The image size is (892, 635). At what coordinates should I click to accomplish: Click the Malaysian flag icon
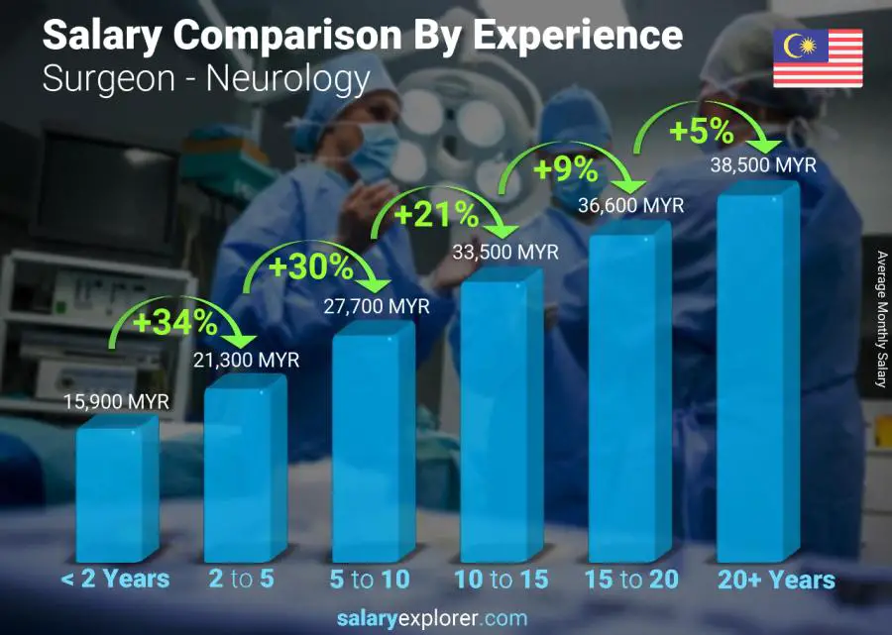818,58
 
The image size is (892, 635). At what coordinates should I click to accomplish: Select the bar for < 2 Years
116,489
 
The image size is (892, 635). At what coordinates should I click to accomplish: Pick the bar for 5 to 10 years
373,446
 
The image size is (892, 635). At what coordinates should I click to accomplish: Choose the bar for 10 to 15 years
502,416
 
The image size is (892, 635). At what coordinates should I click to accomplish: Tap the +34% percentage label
176,322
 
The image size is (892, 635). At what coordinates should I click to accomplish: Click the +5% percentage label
699,130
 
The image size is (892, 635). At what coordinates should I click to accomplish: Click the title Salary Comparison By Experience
363,36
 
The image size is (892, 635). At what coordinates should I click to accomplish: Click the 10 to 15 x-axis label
501,580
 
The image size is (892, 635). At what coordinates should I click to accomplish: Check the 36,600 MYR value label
631,205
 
